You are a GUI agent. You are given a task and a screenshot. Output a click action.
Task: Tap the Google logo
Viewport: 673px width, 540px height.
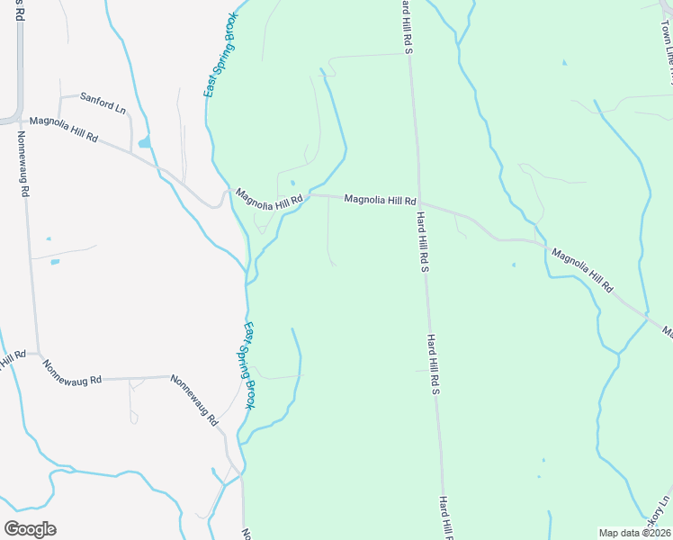tap(30, 528)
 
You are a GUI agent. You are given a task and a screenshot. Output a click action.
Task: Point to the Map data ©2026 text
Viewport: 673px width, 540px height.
tap(633, 533)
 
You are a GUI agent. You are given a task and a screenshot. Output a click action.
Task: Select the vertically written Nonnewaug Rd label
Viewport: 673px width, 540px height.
tap(22, 164)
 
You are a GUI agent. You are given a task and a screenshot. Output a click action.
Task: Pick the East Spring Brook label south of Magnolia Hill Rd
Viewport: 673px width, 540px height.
tap(248, 365)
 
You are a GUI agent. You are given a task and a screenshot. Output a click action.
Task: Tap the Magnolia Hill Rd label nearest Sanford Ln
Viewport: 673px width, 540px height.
tap(63, 129)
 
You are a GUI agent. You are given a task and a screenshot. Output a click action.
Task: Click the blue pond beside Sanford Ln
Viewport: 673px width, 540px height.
tap(144, 142)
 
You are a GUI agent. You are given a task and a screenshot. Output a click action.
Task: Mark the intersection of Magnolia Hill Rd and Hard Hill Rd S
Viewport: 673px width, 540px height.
tap(418, 202)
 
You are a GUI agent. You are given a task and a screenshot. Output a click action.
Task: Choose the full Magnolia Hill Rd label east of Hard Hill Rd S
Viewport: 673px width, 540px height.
tap(582, 270)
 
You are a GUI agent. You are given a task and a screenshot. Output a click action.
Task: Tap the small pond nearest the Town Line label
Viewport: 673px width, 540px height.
tap(564, 63)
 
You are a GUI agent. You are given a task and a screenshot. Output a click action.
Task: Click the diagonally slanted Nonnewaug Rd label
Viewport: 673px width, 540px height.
tap(194, 400)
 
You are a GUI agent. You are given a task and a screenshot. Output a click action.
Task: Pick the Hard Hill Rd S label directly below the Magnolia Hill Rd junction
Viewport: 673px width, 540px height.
tap(426, 241)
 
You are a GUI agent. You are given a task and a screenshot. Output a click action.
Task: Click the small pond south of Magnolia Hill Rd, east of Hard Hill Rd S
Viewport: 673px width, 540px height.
tap(513, 265)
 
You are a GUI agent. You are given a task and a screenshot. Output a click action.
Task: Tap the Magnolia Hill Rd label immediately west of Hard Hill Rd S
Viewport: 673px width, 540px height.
tap(380, 200)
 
